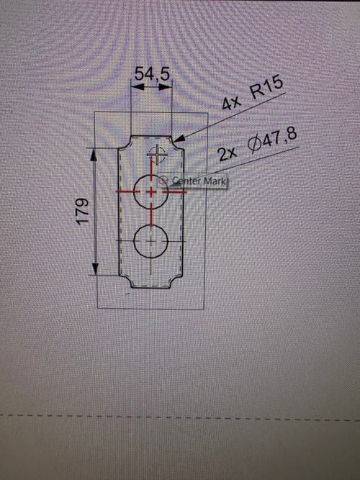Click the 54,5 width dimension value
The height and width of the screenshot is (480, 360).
click(152, 74)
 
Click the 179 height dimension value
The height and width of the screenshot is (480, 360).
click(82, 212)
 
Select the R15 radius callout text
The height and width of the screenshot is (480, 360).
click(266, 89)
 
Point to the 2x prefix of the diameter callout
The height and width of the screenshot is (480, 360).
click(228, 154)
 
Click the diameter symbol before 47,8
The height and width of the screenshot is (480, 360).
click(253, 145)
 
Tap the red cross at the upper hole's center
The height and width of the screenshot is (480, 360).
click(150, 192)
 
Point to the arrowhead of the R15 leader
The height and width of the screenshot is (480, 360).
click(179, 138)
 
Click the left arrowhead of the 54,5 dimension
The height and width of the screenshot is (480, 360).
click(137, 87)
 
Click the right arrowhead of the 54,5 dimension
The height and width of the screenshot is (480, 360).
click(166, 87)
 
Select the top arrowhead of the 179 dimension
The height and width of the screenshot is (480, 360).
click(94, 155)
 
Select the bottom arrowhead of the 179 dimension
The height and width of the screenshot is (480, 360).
click(95, 268)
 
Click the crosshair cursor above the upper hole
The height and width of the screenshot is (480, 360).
click(157, 155)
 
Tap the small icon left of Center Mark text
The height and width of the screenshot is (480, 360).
click(164, 180)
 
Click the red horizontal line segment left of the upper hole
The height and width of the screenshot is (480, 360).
click(128, 192)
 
